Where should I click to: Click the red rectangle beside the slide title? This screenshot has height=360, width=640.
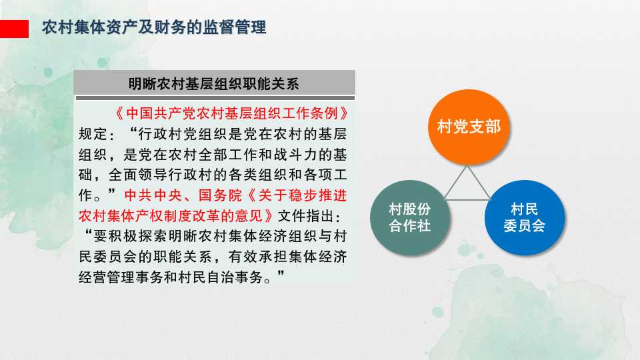point(14,29)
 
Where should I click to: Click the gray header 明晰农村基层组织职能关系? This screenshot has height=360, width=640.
point(214,84)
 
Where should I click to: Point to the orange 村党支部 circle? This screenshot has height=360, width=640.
point(469,127)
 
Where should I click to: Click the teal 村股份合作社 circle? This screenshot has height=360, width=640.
point(410,217)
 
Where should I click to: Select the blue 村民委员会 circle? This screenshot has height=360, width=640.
point(525,217)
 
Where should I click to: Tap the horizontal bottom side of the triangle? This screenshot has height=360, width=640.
point(467,199)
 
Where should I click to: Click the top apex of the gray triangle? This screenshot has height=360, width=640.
point(467,166)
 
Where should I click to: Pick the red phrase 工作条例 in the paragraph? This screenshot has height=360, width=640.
point(311,113)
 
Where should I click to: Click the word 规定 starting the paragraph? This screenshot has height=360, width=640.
point(93,134)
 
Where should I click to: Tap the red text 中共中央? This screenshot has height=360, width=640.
point(153,195)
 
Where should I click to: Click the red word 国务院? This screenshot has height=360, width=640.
point(221,195)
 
